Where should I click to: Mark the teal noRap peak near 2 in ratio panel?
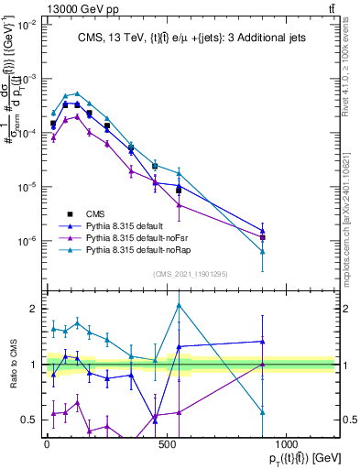[x=179, y=305]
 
